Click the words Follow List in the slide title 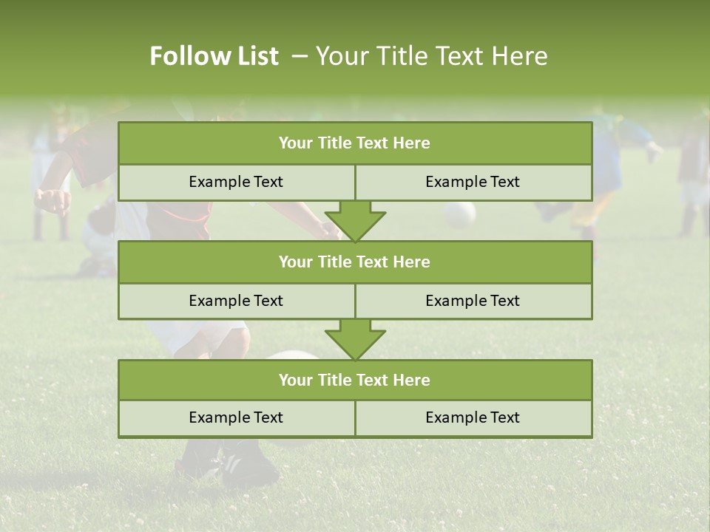(x=214, y=56)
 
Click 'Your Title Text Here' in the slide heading (x=432, y=56)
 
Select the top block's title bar (x=355, y=143)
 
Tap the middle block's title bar (x=355, y=262)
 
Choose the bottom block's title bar (x=355, y=380)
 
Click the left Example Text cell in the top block (x=237, y=182)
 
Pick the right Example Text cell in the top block (x=473, y=182)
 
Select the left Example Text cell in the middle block (x=237, y=301)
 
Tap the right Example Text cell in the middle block (x=473, y=301)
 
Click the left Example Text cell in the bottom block (x=237, y=417)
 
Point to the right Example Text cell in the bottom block (x=473, y=417)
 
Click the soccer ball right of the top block (x=459, y=214)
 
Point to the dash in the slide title (x=300, y=56)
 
